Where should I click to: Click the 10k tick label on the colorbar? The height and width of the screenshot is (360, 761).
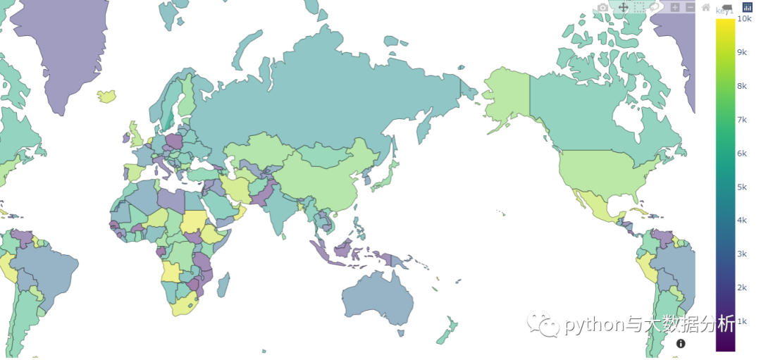(x=743, y=19)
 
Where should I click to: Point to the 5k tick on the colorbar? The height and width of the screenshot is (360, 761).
(x=741, y=187)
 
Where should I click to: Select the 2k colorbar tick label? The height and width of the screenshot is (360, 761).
(x=741, y=287)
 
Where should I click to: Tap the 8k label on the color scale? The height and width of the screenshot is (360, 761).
(x=741, y=86)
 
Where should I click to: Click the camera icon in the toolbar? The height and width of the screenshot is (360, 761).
(x=602, y=7)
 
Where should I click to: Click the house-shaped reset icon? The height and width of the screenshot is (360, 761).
(x=705, y=7)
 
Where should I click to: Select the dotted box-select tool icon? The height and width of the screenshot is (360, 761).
(x=639, y=7)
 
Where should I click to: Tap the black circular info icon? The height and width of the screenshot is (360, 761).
(x=681, y=344)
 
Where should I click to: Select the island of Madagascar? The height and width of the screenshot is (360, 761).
(x=223, y=284)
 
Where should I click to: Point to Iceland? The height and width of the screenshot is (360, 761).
(x=107, y=96)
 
